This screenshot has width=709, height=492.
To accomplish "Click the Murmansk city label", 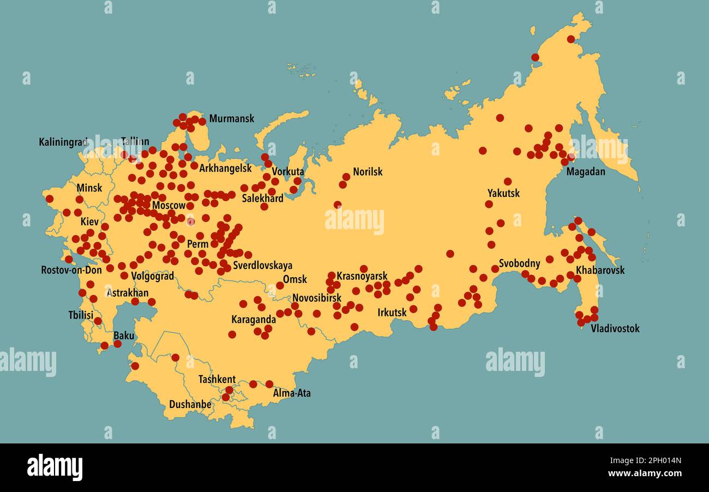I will [x=231, y=118].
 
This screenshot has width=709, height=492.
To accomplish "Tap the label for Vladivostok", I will [x=615, y=328].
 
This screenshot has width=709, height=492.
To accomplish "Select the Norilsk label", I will [x=368, y=172].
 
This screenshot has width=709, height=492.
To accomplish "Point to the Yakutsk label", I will [x=503, y=193].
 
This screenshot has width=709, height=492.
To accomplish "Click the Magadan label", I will [x=586, y=172].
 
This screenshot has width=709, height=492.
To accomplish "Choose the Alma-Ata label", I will [x=292, y=393].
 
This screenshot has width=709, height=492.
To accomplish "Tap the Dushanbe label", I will [x=190, y=405].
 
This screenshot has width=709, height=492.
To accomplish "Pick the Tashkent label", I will [x=217, y=380].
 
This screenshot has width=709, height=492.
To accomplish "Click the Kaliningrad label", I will [x=63, y=142].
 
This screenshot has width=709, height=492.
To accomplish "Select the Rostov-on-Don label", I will [x=71, y=269].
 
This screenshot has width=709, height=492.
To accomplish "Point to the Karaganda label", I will [x=254, y=320].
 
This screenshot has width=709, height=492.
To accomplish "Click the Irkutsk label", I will [x=392, y=313].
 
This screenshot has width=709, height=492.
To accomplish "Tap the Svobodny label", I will [x=519, y=263].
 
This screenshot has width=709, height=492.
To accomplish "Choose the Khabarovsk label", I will [x=600, y=270].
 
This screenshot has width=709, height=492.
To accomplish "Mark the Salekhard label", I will [x=262, y=199].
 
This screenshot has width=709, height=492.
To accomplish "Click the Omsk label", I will [x=295, y=279].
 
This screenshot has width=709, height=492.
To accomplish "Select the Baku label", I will [x=124, y=335].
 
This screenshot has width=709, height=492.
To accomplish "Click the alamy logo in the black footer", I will [x=55, y=467].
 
